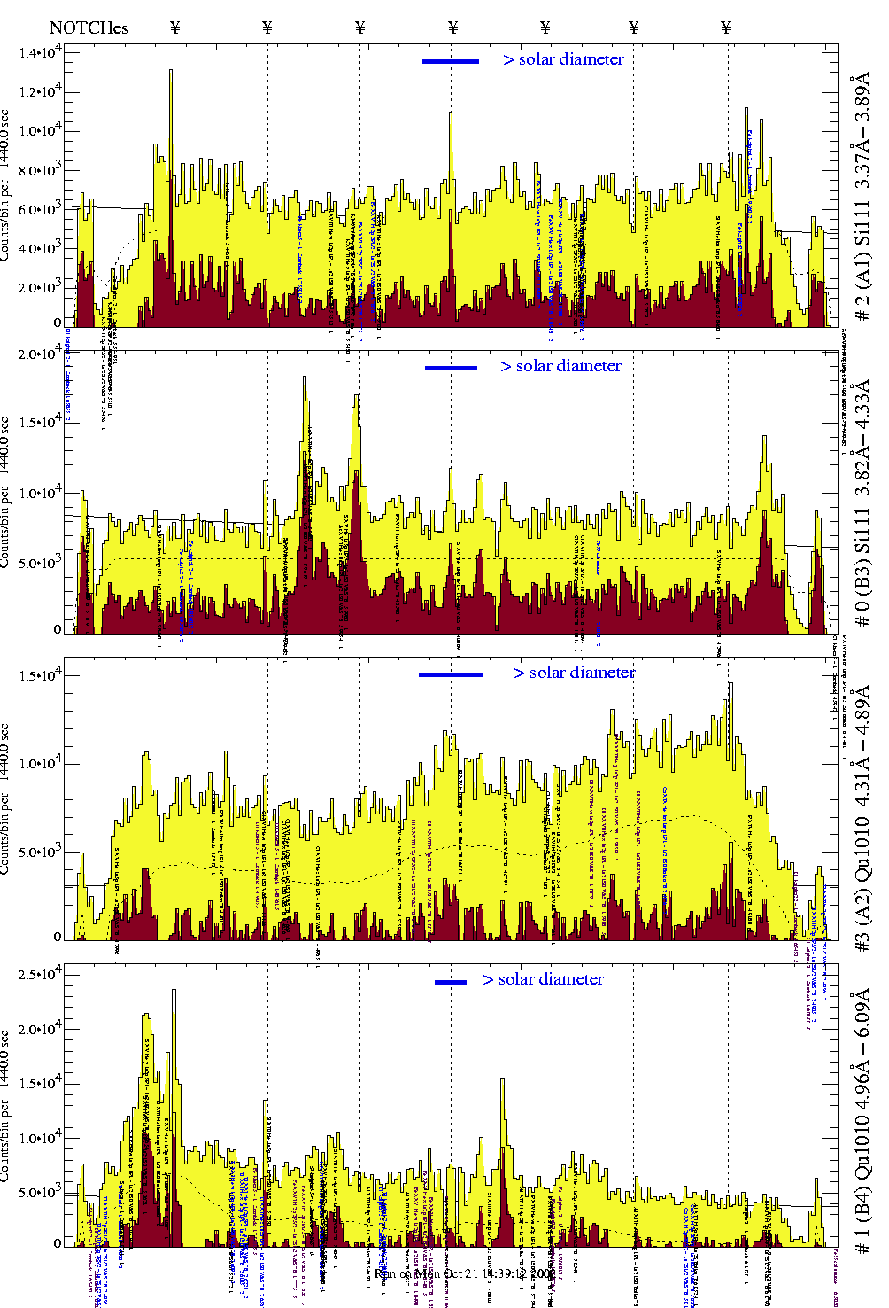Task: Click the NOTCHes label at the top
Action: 89,27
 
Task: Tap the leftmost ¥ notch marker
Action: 174,27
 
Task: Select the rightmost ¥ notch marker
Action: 726,27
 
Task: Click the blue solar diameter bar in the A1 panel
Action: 451,61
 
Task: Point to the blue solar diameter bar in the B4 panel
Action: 451,982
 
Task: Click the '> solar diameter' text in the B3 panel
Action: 560,366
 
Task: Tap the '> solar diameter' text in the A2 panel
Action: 574,673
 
